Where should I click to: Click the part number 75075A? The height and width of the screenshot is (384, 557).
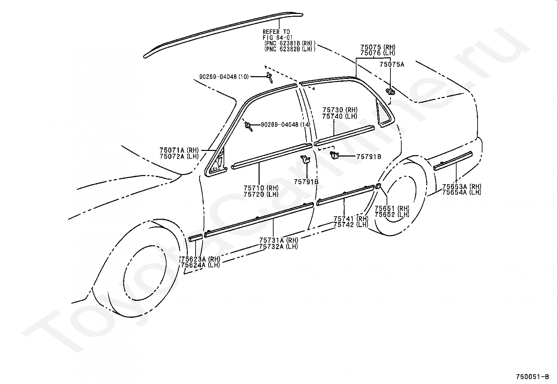click(x=392, y=65)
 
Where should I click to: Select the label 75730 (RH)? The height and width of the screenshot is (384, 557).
click(x=340, y=110)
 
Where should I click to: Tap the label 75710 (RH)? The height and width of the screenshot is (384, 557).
click(x=261, y=188)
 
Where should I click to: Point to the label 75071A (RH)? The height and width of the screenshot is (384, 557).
click(x=179, y=150)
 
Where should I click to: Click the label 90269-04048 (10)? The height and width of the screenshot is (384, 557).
click(x=224, y=77)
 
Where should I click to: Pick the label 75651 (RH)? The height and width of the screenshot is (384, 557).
click(x=392, y=208)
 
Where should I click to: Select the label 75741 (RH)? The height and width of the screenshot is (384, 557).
click(x=351, y=219)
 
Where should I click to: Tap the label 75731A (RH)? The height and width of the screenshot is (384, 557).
click(x=279, y=240)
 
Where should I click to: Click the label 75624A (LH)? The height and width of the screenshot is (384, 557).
click(x=200, y=265)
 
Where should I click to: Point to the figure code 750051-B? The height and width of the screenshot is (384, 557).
click(x=532, y=377)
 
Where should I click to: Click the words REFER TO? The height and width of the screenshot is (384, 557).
click(x=276, y=32)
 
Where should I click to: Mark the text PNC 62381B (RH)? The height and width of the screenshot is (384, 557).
click(x=290, y=43)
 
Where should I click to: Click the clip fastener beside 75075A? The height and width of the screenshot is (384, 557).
click(x=390, y=92)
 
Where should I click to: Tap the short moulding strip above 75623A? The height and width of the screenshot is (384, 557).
click(x=196, y=238)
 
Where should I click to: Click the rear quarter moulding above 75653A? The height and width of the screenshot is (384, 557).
click(x=453, y=161)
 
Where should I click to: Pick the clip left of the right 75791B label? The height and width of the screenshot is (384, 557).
click(x=334, y=155)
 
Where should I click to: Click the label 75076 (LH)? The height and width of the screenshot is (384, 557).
click(x=378, y=53)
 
